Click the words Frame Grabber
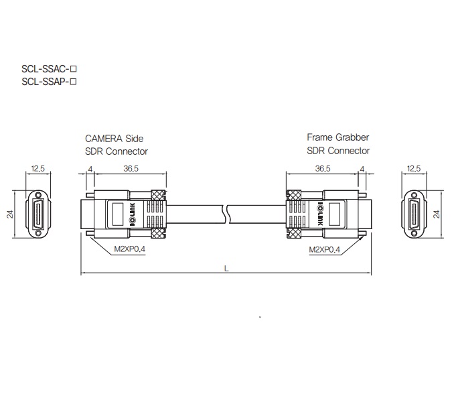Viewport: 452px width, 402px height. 337,137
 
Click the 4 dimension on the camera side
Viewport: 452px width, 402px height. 90,169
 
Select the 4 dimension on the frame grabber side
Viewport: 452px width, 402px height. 362,169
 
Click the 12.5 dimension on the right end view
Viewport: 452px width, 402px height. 415,169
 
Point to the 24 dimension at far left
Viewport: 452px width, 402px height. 10,214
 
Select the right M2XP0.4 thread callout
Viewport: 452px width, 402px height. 325,250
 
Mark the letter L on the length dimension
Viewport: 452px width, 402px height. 226,268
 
